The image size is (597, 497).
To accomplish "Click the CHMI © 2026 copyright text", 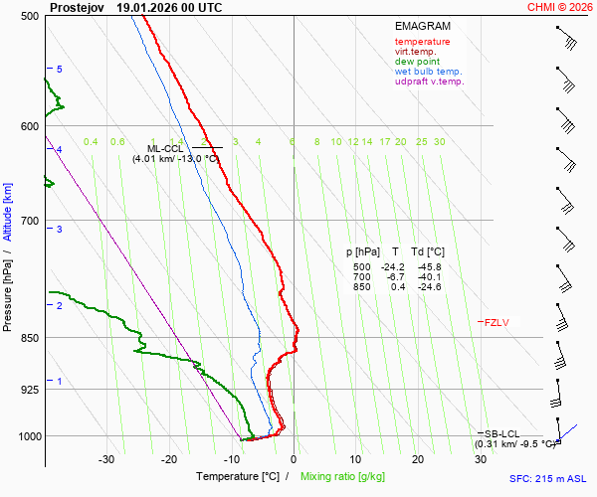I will point(560,7).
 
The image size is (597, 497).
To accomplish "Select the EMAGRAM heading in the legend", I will point(423,26).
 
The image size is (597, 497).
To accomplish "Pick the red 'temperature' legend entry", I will point(422,42).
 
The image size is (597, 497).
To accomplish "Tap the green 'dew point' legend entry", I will point(417,62).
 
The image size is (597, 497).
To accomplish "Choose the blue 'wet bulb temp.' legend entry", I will point(429,72).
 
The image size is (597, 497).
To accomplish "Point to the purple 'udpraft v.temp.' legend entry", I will point(429,82).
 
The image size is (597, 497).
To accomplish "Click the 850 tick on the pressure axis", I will point(29,338).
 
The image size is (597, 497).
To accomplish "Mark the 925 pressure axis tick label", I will point(29,390).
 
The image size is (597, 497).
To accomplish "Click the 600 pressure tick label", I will point(29,126).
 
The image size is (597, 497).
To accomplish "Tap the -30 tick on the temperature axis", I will point(106,459).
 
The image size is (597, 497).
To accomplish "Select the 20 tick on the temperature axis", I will point(418,459).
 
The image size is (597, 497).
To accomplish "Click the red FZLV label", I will point(497,322).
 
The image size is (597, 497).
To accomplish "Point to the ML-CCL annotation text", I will point(166,148).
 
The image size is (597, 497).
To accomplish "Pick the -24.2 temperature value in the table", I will point(396,267).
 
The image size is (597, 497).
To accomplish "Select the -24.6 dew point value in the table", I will point(430,287).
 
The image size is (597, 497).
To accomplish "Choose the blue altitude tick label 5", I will point(60,69).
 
